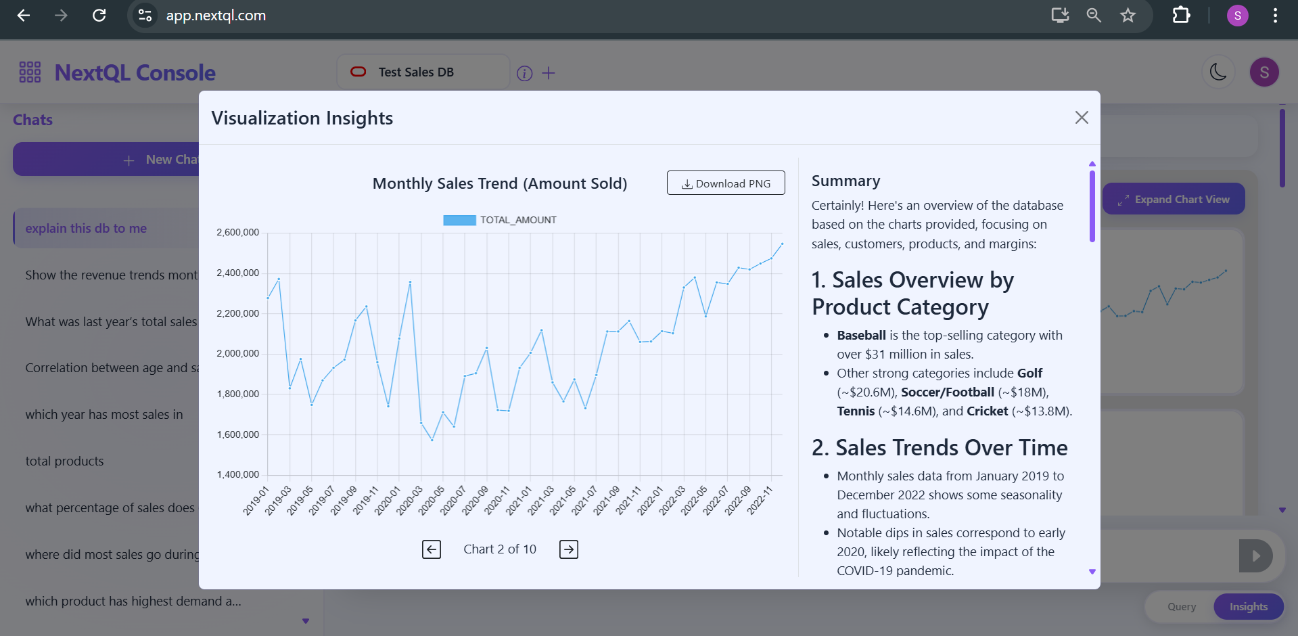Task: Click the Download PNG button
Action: (726, 183)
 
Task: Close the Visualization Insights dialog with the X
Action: (1082, 118)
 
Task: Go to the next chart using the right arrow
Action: (568, 549)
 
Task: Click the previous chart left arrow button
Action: (432, 549)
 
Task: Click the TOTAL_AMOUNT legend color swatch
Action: (459, 221)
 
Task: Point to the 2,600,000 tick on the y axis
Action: (238, 233)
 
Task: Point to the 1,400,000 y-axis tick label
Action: (238, 475)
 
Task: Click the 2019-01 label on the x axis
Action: (256, 501)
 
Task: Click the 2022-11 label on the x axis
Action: (760, 501)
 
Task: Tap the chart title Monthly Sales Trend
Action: (500, 184)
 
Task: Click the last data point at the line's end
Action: (782, 244)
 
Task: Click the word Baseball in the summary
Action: (861, 336)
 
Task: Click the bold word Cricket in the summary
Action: (987, 411)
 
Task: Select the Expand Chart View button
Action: (1174, 200)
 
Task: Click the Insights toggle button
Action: (1248, 607)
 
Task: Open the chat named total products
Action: (65, 461)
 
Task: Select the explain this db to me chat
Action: (86, 229)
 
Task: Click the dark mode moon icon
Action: (1218, 72)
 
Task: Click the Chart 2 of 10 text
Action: (500, 549)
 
